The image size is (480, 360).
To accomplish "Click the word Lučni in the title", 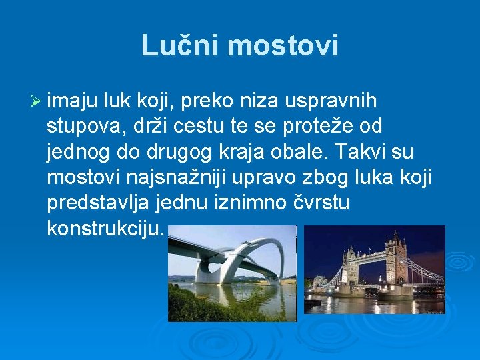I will point(180,45).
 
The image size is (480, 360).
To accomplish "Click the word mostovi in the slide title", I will point(283,45).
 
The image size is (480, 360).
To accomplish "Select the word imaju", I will point(73,101).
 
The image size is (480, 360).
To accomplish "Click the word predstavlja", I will point(100,203).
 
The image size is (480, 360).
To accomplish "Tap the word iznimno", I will point(254,203).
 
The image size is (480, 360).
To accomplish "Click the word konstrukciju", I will point(105,228).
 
